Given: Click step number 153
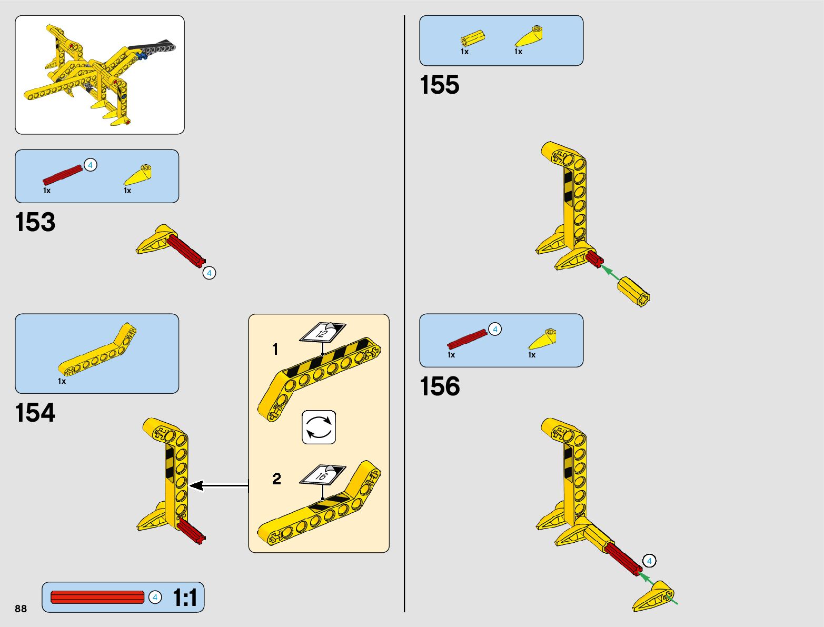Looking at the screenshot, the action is pyautogui.click(x=35, y=222).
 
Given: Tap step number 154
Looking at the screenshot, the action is pyautogui.click(x=35, y=413).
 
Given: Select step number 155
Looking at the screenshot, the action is pyautogui.click(x=440, y=85).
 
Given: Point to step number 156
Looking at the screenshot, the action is pyautogui.click(x=440, y=386).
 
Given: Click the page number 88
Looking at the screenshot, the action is pyautogui.click(x=21, y=609).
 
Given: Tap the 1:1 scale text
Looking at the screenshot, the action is pyautogui.click(x=185, y=598).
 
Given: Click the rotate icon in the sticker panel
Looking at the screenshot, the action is pyautogui.click(x=319, y=427).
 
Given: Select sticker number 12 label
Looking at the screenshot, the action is pyautogui.click(x=322, y=332).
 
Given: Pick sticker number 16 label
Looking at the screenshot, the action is pyautogui.click(x=322, y=475).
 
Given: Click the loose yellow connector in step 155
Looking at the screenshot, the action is pyautogui.click(x=634, y=291).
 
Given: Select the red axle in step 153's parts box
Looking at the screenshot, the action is pyautogui.click(x=62, y=175).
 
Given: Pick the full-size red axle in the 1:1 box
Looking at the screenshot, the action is pyautogui.click(x=97, y=598).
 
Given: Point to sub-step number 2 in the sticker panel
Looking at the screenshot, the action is pyautogui.click(x=276, y=479).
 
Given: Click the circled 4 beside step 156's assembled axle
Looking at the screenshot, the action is pyautogui.click(x=649, y=561).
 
